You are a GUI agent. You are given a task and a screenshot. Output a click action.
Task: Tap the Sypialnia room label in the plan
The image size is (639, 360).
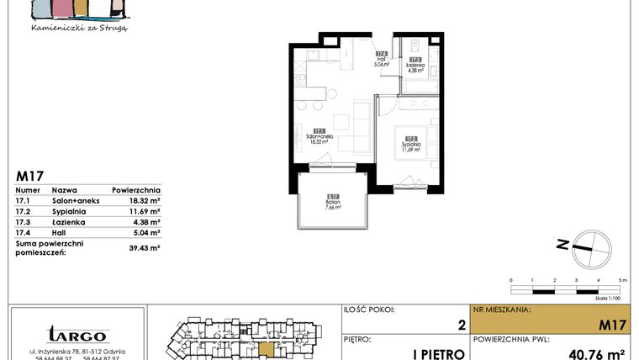tap(411, 147)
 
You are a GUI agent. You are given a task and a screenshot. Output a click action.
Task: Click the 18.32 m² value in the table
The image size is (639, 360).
tap(142, 202)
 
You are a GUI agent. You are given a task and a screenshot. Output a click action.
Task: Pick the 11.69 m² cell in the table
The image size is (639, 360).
tap(142, 213)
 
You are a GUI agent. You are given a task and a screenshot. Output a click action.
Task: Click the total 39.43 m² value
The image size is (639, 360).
tap(142, 248)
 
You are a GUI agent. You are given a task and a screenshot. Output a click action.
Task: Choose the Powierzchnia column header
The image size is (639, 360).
tap(135, 190)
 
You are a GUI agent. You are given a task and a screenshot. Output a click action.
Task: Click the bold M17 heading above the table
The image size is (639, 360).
tap(30, 177)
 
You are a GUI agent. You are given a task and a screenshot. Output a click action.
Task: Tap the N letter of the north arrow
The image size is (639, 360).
tap(561, 246)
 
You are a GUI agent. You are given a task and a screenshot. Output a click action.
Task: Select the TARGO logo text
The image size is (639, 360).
tap(77, 335)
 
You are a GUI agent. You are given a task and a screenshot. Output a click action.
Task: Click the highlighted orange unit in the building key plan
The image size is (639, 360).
tap(266, 349)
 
